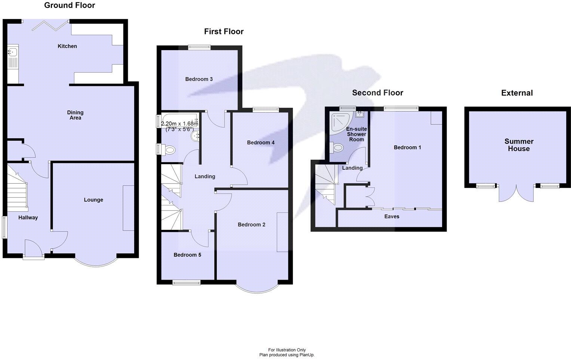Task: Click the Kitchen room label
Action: pos(67,46)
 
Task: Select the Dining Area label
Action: pos(75,115)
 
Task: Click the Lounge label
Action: pos(93,200)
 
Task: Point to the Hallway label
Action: pos(28,218)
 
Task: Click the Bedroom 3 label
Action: pos(199,79)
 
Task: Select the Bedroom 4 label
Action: pos(260,143)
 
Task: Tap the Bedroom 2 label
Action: pos(251,225)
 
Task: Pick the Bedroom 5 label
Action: pos(187,255)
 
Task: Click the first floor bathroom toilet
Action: pos(169,150)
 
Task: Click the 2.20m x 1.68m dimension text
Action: pos(179,124)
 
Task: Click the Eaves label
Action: pos(392,216)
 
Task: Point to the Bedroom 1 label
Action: pos(407,148)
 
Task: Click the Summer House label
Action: pos(519,145)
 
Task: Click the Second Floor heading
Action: pos(377,93)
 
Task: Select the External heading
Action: pos(517,93)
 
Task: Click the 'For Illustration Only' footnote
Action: pos(287,350)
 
